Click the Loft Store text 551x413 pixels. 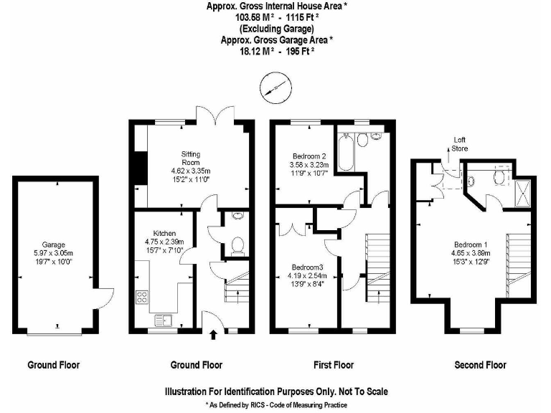[459, 144]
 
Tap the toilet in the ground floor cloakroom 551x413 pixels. [237, 247]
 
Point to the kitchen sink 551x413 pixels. [163, 320]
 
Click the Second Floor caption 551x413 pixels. [480, 365]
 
